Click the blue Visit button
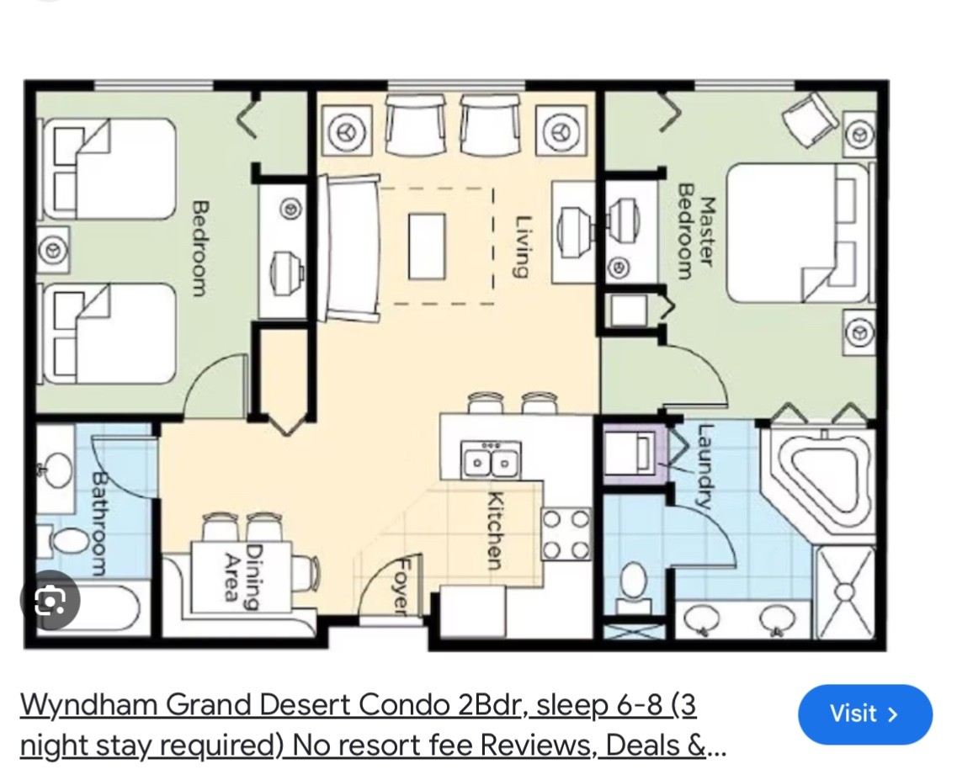[865, 714]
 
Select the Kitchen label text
[495, 530]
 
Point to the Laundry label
[705, 466]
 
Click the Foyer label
[401, 585]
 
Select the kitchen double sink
[491, 462]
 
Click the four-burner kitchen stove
[566, 534]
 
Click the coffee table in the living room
[427, 246]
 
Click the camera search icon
[50, 601]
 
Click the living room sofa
[352, 247]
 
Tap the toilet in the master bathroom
[633, 588]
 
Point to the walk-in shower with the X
[845, 592]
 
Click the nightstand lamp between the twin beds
[52, 250]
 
